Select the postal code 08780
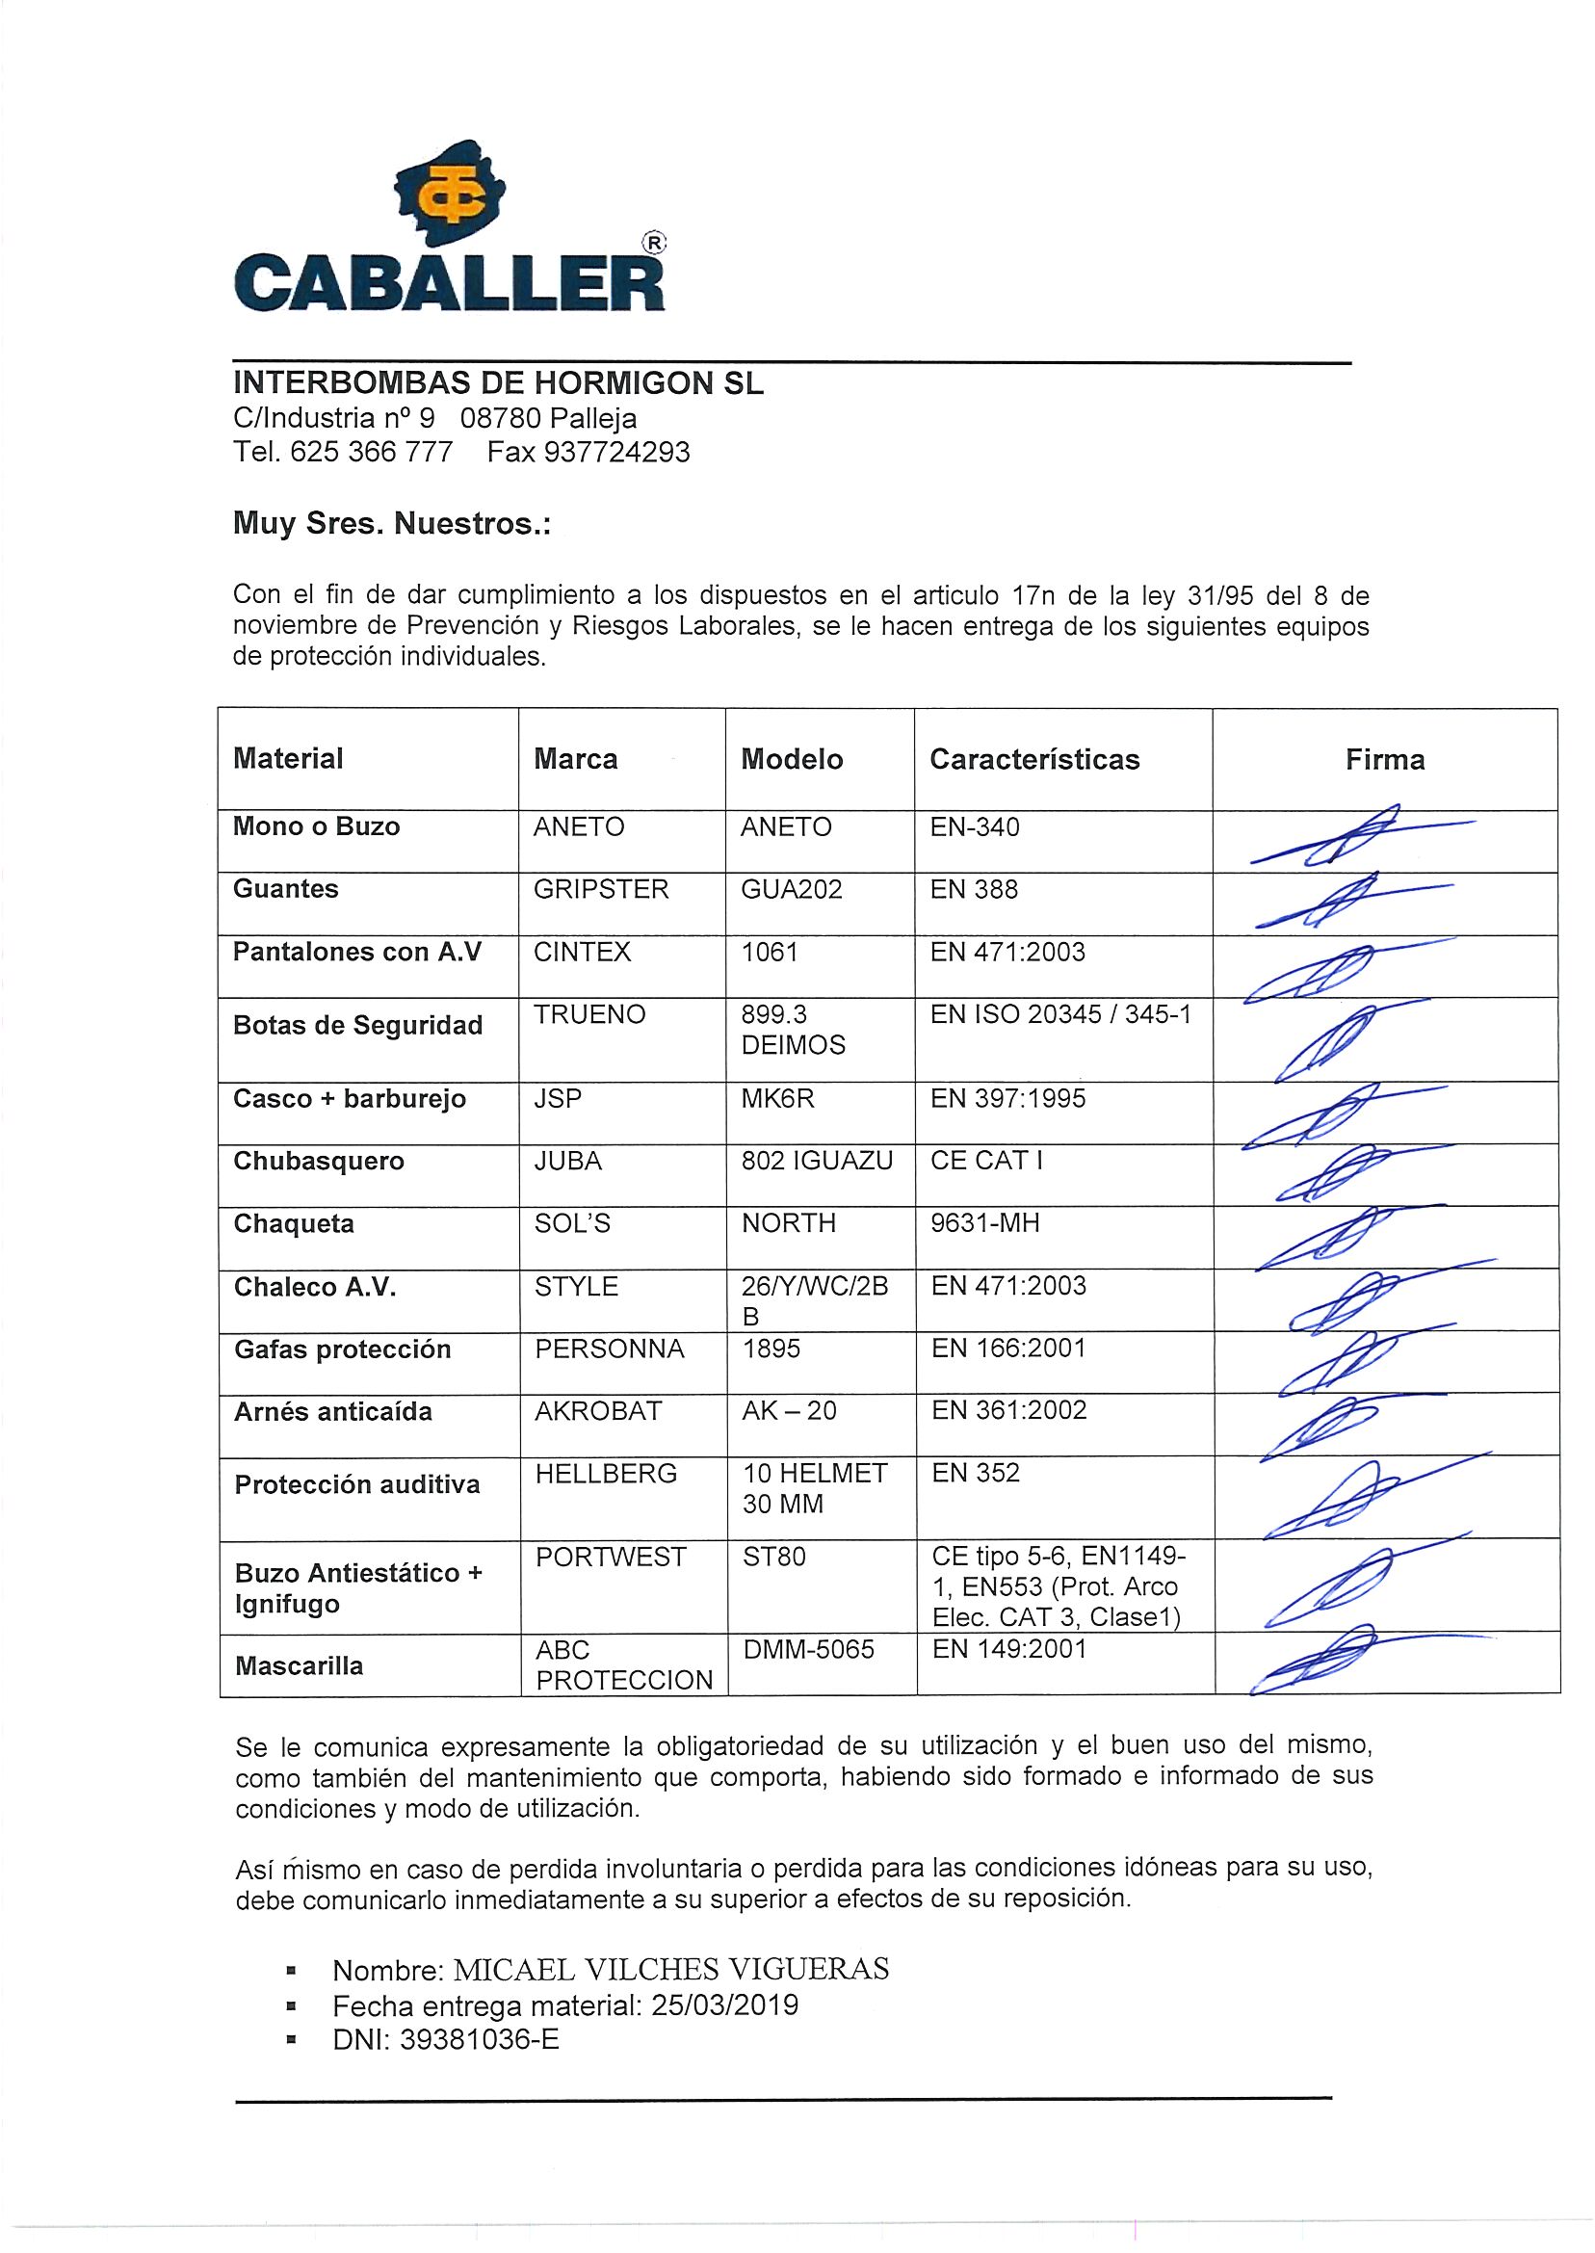click(x=501, y=418)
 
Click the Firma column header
click(x=1385, y=759)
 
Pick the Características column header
click(x=1034, y=759)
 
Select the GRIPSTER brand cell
click(x=601, y=890)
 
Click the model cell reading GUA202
click(x=792, y=890)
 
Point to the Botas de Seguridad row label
click(x=357, y=1025)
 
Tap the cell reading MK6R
click(x=778, y=1098)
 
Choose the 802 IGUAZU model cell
click(x=817, y=1161)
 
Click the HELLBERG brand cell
click(x=606, y=1473)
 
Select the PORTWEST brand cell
click(x=611, y=1557)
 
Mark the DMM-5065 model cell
click(x=808, y=1649)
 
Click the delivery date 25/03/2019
click(x=725, y=2005)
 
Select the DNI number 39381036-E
click(x=480, y=2040)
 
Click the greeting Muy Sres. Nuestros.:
click(x=392, y=524)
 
